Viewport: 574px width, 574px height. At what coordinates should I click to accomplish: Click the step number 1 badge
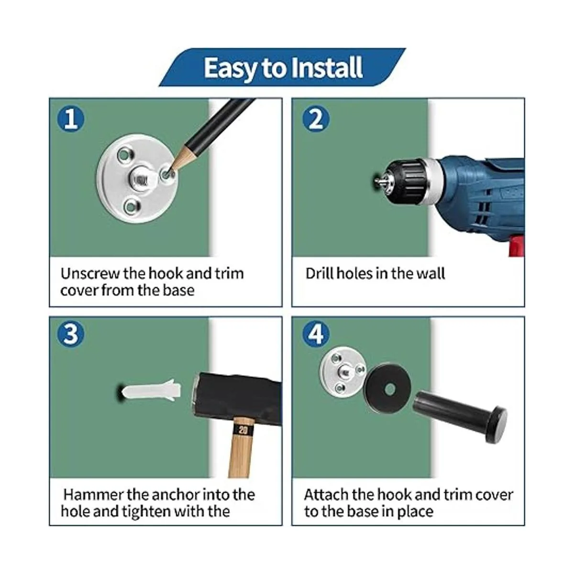pos(71,119)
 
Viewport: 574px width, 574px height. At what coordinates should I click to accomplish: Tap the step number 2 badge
pos(316,119)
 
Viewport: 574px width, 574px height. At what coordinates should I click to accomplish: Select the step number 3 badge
pos(71,333)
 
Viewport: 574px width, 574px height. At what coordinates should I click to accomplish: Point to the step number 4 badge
pos(316,333)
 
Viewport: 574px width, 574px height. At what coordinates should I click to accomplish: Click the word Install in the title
pos(327,68)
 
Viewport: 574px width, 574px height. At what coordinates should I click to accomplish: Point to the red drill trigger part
pos(516,245)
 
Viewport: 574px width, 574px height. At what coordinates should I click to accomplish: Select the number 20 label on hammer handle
pos(243,430)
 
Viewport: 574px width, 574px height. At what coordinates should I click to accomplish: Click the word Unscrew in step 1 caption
pos(89,273)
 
